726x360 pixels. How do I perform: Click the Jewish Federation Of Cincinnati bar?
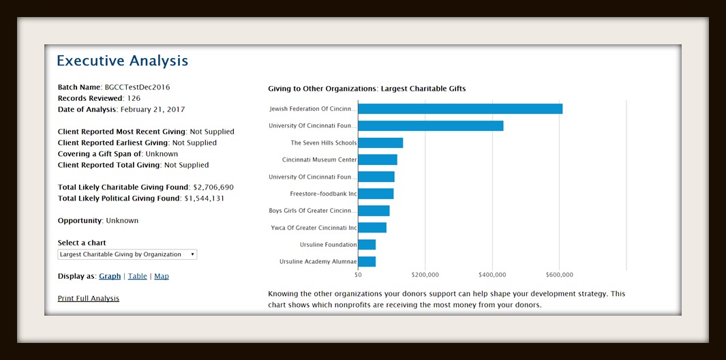[460, 109]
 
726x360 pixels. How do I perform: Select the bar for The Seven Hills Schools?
[380, 143]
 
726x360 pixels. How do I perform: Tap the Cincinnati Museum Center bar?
[378, 160]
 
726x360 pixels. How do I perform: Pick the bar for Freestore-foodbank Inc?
[376, 194]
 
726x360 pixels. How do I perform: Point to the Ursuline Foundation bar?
[367, 245]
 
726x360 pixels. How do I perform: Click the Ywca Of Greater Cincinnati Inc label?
[314, 228]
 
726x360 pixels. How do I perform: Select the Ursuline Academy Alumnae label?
[318, 262]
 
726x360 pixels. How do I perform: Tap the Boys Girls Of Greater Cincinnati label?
[313, 211]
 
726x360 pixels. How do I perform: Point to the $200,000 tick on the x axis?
[425, 275]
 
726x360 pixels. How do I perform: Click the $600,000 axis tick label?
[559, 275]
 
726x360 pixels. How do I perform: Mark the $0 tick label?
[358, 275]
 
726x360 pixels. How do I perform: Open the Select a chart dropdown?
[127, 254]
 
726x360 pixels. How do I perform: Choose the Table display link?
[137, 276]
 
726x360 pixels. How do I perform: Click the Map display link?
[162, 276]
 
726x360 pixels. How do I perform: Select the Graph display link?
[110, 276]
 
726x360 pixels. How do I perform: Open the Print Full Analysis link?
[89, 299]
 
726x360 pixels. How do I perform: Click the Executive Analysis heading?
[122, 61]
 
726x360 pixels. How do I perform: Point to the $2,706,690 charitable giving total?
[213, 187]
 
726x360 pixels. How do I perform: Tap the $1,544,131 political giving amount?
[204, 198]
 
